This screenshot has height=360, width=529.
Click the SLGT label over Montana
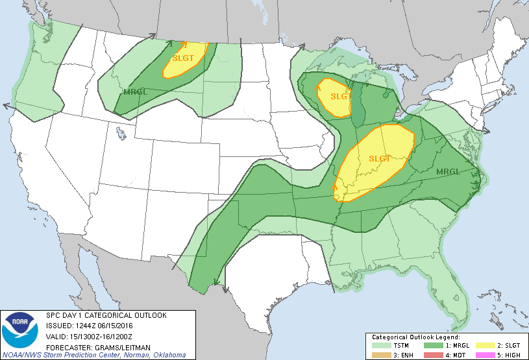point(183,57)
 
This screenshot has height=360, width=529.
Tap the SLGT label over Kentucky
point(380,158)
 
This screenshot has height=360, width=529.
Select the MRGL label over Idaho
point(135,91)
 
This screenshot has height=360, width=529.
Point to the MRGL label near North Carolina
point(449,172)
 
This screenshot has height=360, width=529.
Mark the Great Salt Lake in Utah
point(121,134)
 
